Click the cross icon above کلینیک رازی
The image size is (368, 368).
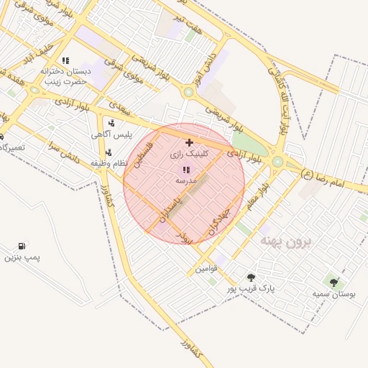pos(189,143)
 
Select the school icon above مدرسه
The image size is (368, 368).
pos(186,170)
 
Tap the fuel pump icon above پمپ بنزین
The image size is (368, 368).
pos(27,246)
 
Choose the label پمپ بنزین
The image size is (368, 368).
pos(22,257)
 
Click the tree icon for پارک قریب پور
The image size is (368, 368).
pos(251,277)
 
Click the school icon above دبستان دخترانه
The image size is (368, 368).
pos(65,60)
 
